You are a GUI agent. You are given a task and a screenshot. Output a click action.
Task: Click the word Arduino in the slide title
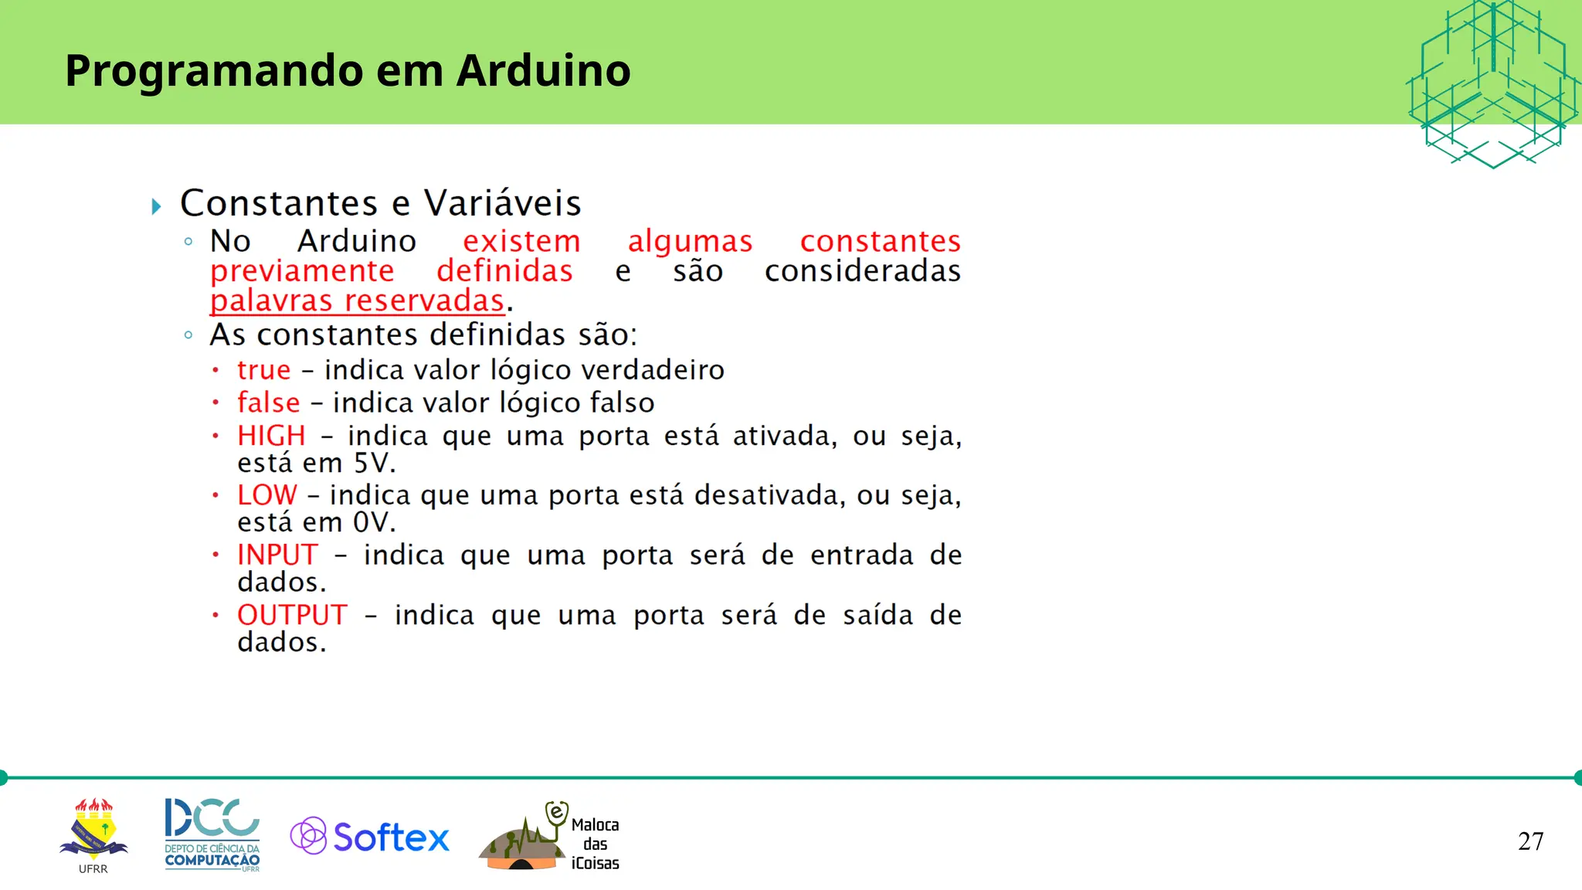click(x=543, y=70)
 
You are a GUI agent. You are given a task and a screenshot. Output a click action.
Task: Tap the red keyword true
click(x=264, y=370)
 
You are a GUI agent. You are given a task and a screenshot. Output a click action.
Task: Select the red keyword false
click(x=269, y=403)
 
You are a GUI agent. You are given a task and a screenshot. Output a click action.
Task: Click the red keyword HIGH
click(x=271, y=436)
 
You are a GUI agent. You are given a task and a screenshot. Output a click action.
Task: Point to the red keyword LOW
click(x=266, y=495)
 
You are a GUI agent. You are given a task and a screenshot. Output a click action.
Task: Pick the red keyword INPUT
click(x=277, y=555)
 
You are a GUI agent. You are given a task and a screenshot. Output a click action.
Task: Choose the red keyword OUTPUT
click(x=292, y=615)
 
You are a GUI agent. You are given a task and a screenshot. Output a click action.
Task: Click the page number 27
click(x=1530, y=841)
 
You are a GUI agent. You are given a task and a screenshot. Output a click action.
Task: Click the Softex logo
click(x=370, y=837)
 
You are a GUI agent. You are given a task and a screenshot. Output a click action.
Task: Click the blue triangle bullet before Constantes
click(x=156, y=206)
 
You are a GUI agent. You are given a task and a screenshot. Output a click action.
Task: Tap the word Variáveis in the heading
click(x=502, y=203)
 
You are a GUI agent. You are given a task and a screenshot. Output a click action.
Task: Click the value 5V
click(x=374, y=464)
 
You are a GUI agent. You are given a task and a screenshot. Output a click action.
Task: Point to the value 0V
click(x=374, y=523)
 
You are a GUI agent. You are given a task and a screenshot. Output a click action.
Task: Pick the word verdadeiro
click(x=653, y=370)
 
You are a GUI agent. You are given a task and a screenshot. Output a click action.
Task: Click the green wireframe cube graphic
click(x=1492, y=83)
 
